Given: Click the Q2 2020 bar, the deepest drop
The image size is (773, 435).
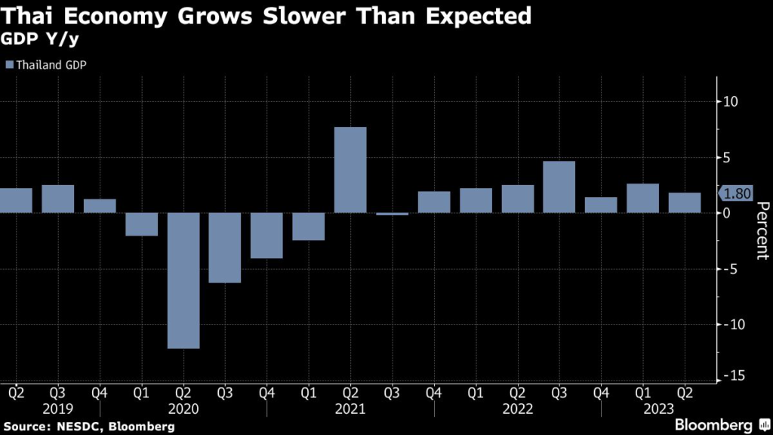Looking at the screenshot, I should click(x=183, y=280).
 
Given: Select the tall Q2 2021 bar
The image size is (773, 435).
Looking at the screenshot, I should click(x=350, y=170).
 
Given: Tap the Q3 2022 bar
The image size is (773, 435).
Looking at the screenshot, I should click(x=559, y=187).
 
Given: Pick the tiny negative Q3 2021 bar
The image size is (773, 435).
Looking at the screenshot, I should click(x=392, y=214).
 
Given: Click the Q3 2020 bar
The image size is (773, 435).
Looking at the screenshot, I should click(x=225, y=248).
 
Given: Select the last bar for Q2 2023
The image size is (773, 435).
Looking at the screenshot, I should click(x=684, y=202).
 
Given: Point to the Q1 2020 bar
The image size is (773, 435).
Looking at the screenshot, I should click(x=142, y=224).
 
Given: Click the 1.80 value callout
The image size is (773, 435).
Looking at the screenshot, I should click(x=735, y=193).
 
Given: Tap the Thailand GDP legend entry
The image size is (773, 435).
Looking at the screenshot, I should click(x=46, y=65).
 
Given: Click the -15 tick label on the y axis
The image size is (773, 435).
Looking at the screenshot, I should click(x=730, y=376).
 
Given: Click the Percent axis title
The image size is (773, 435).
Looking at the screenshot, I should click(x=761, y=230).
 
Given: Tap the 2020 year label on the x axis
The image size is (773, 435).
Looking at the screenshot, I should click(x=183, y=409).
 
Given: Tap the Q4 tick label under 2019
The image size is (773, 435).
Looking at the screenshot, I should click(x=100, y=393).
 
